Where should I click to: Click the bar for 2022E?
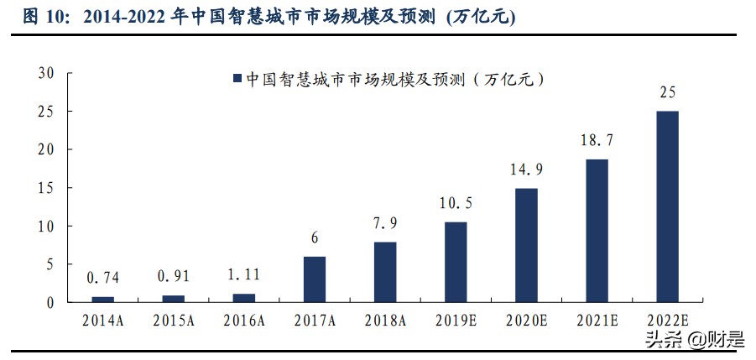(x=668, y=206)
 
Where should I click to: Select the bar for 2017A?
(x=314, y=279)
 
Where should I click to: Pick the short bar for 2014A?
(x=102, y=299)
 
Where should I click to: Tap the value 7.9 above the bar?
(x=385, y=224)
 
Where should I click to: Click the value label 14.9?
(x=526, y=170)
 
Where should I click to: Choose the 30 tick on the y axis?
(x=47, y=73)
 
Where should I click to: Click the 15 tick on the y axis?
(x=47, y=188)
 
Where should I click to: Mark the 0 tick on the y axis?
(x=51, y=302)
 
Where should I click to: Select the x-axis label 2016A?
(x=243, y=320)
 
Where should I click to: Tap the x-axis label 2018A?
(x=385, y=320)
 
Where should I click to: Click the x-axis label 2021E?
(x=597, y=320)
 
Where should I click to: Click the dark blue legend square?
(x=237, y=79)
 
